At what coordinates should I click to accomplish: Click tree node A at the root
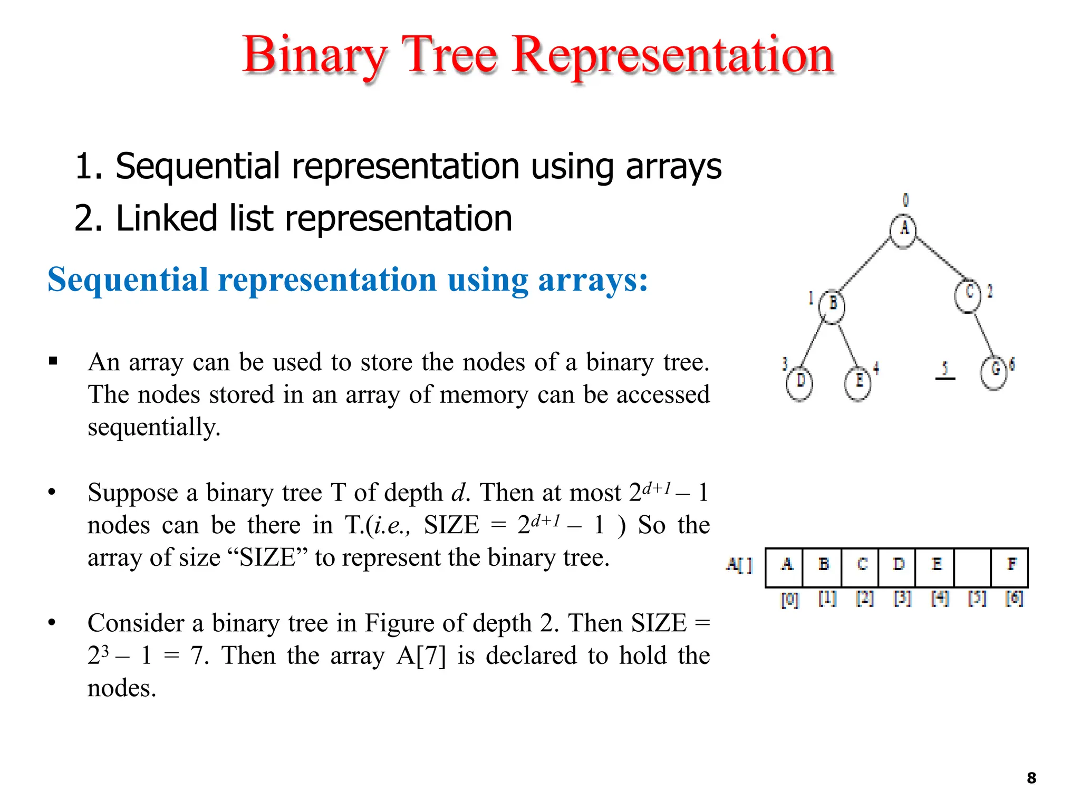pyautogui.click(x=903, y=230)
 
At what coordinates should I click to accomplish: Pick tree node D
pyautogui.click(x=799, y=382)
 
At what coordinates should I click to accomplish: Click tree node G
pyautogui.click(x=994, y=371)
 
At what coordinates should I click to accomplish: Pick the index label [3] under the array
pyautogui.click(x=902, y=599)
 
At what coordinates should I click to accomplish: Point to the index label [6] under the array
pyautogui.click(x=1014, y=599)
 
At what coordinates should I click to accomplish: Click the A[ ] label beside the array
pyautogui.click(x=738, y=565)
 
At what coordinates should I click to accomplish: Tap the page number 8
pyautogui.click(x=1031, y=778)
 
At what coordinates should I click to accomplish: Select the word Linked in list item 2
pyautogui.click(x=166, y=218)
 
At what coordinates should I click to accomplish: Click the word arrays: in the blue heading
pyautogui.click(x=593, y=279)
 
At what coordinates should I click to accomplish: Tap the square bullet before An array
pyautogui.click(x=53, y=361)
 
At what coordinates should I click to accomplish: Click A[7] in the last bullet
pyautogui.click(x=421, y=656)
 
